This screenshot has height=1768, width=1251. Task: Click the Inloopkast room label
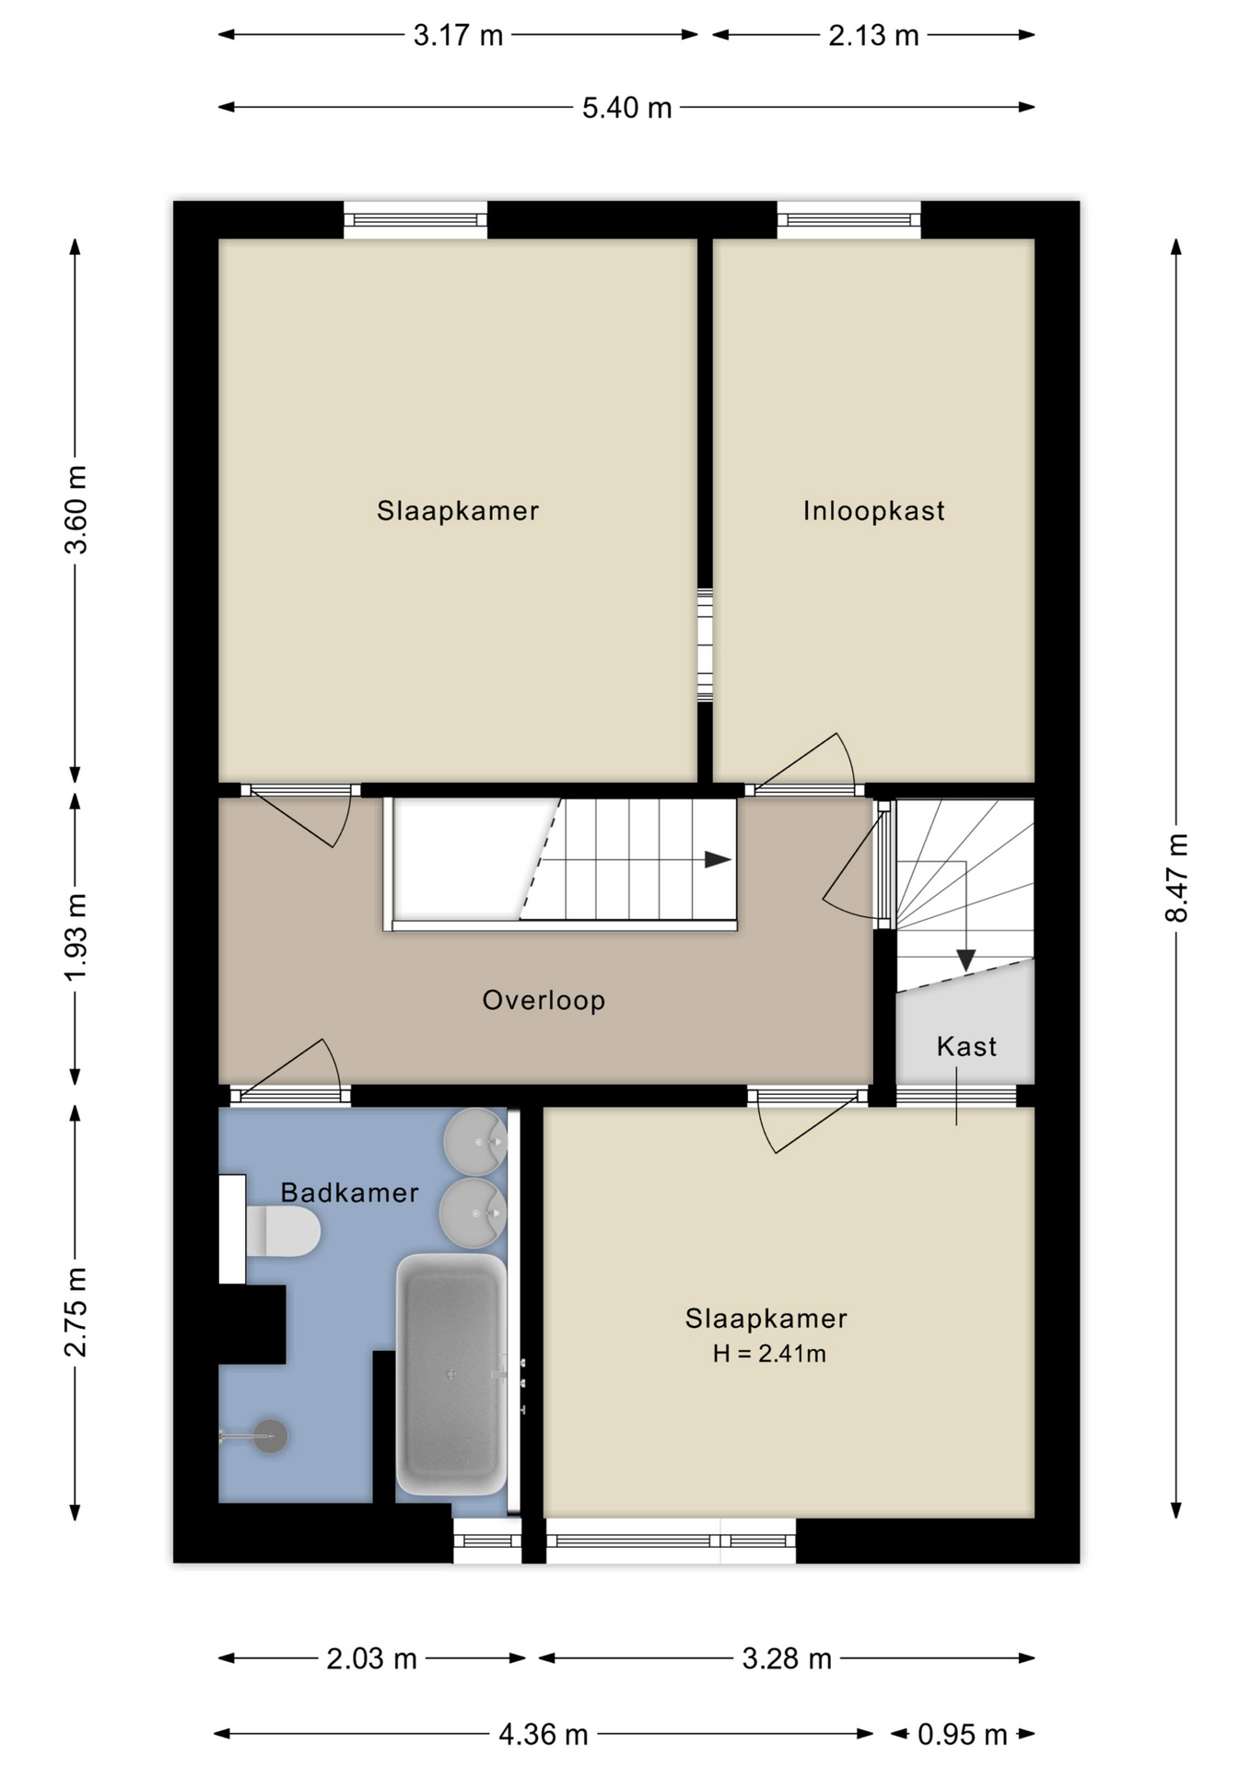tap(873, 510)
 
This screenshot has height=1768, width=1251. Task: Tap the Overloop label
tap(544, 1000)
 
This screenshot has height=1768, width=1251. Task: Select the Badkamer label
tap(349, 1192)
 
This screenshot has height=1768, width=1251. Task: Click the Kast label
tap(966, 1046)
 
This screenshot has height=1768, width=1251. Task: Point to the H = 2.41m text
tap(768, 1354)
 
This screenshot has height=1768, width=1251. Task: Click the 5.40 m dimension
tap(626, 108)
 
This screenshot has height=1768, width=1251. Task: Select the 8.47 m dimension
tap(1176, 878)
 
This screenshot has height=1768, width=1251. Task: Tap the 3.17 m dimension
tap(458, 35)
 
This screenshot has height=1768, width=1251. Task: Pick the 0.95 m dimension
tap(962, 1735)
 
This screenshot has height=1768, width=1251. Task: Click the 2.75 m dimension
tap(76, 1311)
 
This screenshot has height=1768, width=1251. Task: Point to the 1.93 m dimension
tap(76, 937)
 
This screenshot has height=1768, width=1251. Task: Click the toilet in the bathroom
tap(282, 1231)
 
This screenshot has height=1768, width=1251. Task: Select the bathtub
tap(451, 1374)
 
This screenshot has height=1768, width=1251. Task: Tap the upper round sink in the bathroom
tap(475, 1142)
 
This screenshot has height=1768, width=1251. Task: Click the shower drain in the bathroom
tap(271, 1436)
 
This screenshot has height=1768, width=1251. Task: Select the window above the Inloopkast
tap(848, 219)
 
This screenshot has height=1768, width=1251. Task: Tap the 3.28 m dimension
tap(787, 1658)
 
